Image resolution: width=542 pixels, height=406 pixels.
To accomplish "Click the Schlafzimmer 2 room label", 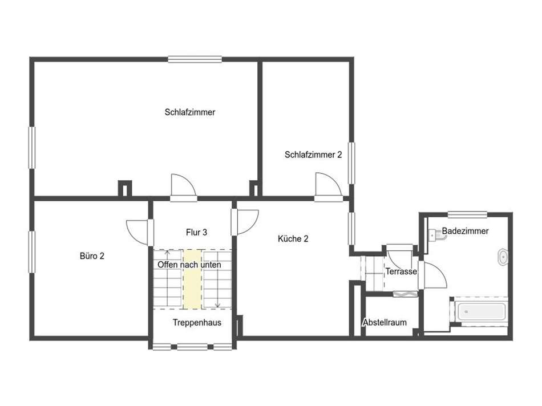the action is pyautogui.click(x=313, y=155).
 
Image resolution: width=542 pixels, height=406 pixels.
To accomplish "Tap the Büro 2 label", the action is pyautogui.click(x=92, y=255).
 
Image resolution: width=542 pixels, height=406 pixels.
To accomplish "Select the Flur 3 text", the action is pyautogui.click(x=196, y=232).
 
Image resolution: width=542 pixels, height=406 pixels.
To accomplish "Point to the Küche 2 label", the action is pyautogui.click(x=293, y=238).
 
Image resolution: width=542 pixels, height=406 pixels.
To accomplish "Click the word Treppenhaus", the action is pyautogui.click(x=197, y=322).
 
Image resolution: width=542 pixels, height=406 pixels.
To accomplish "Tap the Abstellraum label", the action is pyautogui.click(x=385, y=322).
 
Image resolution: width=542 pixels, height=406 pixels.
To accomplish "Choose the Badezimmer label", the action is pyautogui.click(x=465, y=231).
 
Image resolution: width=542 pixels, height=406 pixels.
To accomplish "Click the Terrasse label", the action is pyautogui.click(x=401, y=271).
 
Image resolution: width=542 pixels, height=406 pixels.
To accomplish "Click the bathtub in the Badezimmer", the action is pyautogui.click(x=481, y=311).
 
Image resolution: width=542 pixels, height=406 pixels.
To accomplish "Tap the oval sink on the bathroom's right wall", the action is pyautogui.click(x=503, y=257).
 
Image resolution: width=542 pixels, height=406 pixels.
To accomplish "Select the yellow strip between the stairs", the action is pyautogui.click(x=192, y=279).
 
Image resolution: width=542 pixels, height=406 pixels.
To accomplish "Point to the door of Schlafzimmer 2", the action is pyautogui.click(x=328, y=185).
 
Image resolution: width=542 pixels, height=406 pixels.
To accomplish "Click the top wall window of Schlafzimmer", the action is pyautogui.click(x=195, y=59).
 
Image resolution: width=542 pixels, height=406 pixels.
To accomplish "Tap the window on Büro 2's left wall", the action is pyautogui.click(x=32, y=252).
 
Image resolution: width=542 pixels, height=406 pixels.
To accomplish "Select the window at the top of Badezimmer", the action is pyautogui.click(x=467, y=214).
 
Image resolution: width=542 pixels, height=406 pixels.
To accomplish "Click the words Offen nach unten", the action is pyautogui.click(x=189, y=265).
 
